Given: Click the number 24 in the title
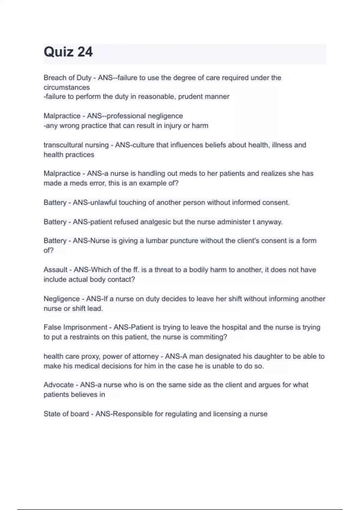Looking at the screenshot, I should point(85,52).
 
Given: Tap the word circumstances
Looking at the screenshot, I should point(67,87).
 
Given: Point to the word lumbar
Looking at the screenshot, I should point(157,241).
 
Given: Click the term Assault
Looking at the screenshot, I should point(55,270).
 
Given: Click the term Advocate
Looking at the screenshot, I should point(58,385).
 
